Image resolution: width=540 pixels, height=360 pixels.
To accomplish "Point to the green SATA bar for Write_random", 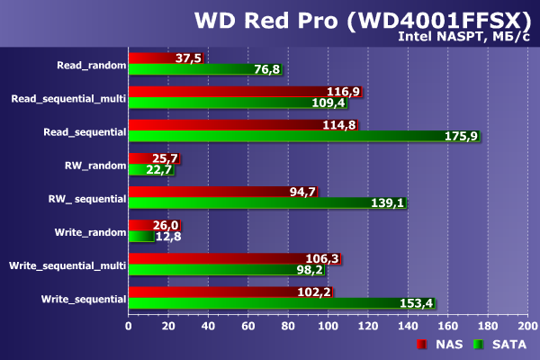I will click(140, 237).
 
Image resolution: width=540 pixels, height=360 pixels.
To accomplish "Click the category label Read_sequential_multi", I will click(68, 98).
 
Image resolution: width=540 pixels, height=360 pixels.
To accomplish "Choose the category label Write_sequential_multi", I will click(67, 265).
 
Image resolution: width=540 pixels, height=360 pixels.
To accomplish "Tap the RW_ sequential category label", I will click(86, 198).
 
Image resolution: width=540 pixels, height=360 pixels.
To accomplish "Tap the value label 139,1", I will click(388, 204).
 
